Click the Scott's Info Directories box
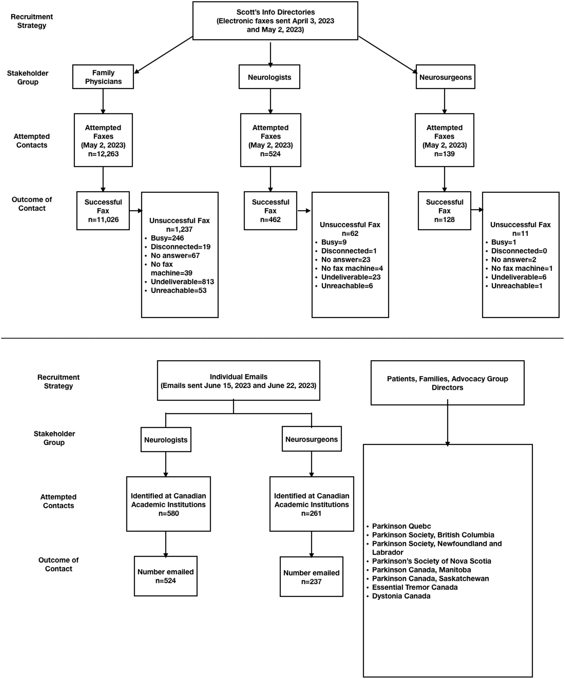tap(275, 21)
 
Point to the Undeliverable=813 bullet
tap(182, 282)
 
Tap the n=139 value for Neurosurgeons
tap(444, 154)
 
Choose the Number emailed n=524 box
tap(166, 576)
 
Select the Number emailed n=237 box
tap(311, 577)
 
